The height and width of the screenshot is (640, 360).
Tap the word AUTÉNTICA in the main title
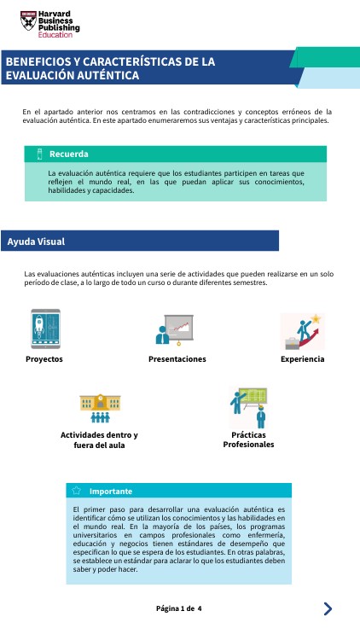pos(106,76)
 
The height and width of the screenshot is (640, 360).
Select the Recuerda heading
pos(69,154)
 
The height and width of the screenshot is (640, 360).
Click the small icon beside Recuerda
pos(39,154)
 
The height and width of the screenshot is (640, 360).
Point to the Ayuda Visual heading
pos(36,241)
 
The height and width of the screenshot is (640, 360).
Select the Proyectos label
pos(44,359)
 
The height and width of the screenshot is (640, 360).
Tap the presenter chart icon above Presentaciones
pos(177,331)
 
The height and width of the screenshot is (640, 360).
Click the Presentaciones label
pos(177,359)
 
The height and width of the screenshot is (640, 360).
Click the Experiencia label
pos(302,359)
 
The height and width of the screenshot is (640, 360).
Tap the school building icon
pos(99,408)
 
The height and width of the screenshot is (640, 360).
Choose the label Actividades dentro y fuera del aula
pos(99,439)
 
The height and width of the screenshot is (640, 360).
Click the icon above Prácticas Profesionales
pos(249,407)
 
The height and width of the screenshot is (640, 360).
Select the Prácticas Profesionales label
pos(248,439)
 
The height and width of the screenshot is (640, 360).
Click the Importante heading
pos(111,491)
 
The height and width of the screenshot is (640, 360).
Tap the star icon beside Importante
pos(77,491)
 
